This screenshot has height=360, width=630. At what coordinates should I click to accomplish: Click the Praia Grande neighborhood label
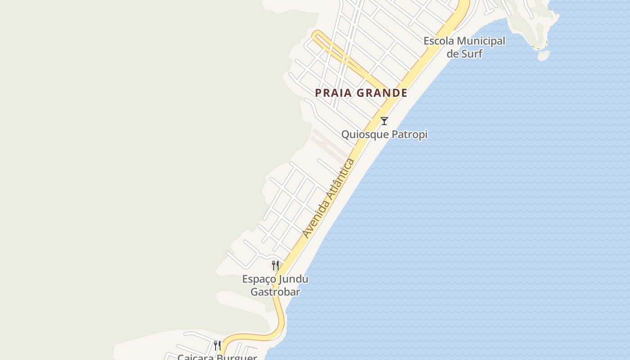click(x=361, y=93)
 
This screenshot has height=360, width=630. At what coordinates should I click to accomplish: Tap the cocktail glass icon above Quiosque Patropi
click(x=384, y=121)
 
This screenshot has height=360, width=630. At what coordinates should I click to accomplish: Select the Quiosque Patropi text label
click(x=384, y=135)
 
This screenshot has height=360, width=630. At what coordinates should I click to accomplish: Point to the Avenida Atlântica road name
click(x=328, y=198)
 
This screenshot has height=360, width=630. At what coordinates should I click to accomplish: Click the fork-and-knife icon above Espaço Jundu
click(x=275, y=265)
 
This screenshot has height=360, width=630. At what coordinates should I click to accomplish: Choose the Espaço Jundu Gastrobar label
click(x=275, y=285)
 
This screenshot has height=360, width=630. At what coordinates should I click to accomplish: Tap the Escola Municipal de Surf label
click(x=464, y=47)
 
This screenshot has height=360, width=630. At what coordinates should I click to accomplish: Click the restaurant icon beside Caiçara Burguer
click(x=217, y=346)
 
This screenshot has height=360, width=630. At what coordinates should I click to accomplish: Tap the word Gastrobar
click(x=275, y=292)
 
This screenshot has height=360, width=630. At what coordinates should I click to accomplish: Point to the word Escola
click(x=438, y=41)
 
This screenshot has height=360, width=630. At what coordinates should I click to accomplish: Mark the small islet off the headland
click(x=544, y=55)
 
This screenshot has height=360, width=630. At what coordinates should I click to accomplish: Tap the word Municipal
click(x=481, y=41)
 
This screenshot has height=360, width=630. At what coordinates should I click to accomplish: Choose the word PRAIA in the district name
click(x=332, y=93)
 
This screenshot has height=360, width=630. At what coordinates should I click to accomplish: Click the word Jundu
click(x=293, y=279)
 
